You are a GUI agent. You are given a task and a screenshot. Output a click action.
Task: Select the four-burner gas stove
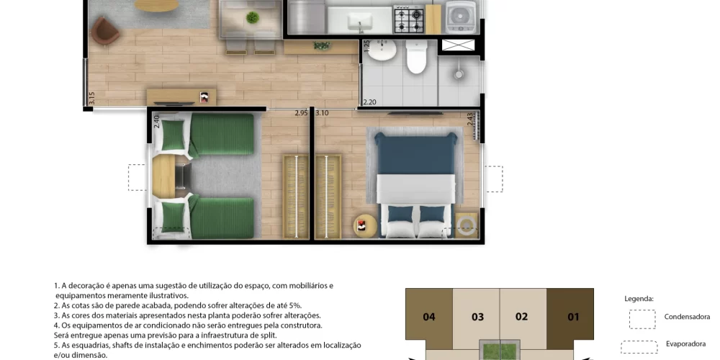(408, 19)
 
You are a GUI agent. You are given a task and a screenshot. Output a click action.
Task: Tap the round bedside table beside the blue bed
(364, 226)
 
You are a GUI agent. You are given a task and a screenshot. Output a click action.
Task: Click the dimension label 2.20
(369, 102)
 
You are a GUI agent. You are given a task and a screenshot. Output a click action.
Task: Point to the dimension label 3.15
(91, 99)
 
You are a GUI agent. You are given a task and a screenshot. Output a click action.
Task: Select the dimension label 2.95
(301, 113)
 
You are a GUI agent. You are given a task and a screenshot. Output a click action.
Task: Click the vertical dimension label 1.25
(366, 46)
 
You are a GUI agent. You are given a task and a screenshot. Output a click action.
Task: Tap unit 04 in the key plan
(429, 317)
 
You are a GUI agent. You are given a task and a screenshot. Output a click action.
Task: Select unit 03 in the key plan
(477, 317)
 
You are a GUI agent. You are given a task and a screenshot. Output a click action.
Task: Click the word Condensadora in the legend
(687, 317)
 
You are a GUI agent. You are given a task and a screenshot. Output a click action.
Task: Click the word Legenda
(639, 299)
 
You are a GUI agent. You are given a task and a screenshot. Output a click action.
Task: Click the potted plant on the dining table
(253, 18)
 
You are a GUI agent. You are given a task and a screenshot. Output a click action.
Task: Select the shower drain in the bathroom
(458, 74)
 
